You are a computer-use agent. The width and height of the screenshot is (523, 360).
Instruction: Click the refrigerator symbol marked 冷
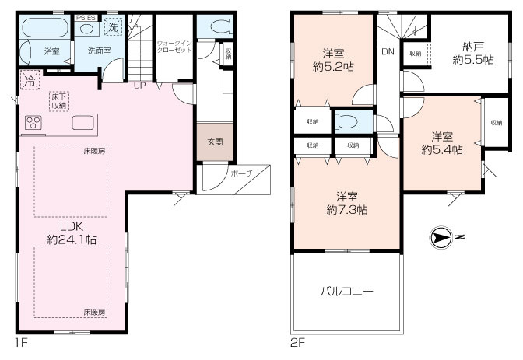[x=30, y=79]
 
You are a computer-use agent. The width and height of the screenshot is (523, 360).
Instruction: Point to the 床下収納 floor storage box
[x=60, y=100]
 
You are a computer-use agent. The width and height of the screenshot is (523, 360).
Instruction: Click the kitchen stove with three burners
[x=36, y=123]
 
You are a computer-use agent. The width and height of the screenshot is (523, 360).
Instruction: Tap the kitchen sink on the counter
[x=83, y=123]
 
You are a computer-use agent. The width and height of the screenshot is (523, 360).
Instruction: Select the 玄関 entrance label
[x=214, y=142]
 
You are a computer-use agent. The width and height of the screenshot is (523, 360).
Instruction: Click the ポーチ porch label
[x=241, y=173]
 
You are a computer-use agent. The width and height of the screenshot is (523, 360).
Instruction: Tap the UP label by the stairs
[x=140, y=85]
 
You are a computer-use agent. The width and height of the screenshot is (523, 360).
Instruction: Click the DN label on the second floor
[x=387, y=53]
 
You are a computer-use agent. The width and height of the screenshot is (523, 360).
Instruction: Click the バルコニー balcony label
[x=347, y=292]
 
